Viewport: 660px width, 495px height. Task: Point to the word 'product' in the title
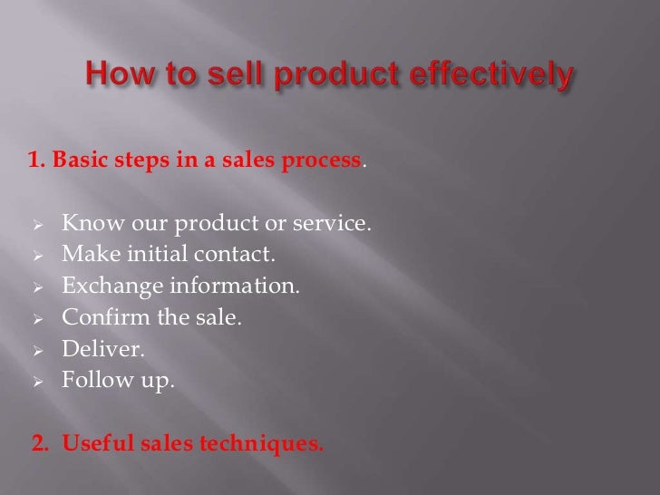coord(325,77)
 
